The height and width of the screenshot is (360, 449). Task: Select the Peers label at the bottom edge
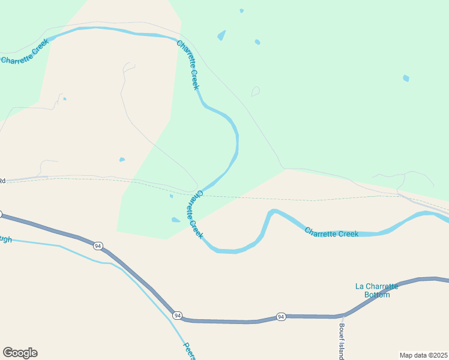click(189, 352)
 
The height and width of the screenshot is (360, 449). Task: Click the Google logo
click(20, 353)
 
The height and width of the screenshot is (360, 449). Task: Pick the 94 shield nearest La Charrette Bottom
click(280, 316)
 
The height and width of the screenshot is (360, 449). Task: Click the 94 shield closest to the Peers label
click(177, 315)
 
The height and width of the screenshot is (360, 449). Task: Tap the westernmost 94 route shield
click(98, 246)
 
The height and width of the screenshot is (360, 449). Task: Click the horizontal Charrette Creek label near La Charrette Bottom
click(331, 232)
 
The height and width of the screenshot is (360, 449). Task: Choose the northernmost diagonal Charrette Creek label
click(187, 65)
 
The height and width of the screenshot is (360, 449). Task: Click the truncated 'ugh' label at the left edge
click(5, 239)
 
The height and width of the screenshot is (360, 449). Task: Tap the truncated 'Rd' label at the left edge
click(2, 180)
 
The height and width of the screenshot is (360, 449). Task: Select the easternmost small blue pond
click(406, 78)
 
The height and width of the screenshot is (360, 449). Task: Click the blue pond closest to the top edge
click(242, 11)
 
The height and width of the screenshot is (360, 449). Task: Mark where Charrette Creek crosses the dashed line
click(199, 194)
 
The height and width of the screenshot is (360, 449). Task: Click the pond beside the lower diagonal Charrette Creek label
click(175, 220)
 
